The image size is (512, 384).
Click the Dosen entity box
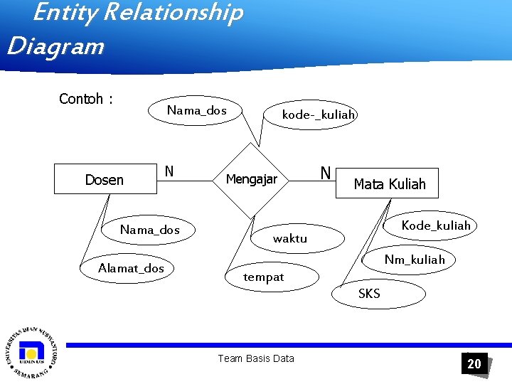point(105,180)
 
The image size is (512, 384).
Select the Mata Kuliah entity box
point(390,184)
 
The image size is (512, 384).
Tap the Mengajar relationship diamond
point(251,180)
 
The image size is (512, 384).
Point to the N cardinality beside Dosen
point(169,171)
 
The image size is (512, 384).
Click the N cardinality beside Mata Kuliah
point(325,173)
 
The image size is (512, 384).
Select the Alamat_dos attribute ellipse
point(132,268)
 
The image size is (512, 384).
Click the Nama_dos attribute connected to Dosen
point(149,230)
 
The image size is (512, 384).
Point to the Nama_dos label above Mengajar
point(196,110)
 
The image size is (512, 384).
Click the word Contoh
point(81,99)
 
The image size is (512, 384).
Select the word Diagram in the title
point(55,47)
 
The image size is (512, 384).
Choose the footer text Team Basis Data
point(255,358)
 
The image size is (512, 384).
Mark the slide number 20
point(474,363)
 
